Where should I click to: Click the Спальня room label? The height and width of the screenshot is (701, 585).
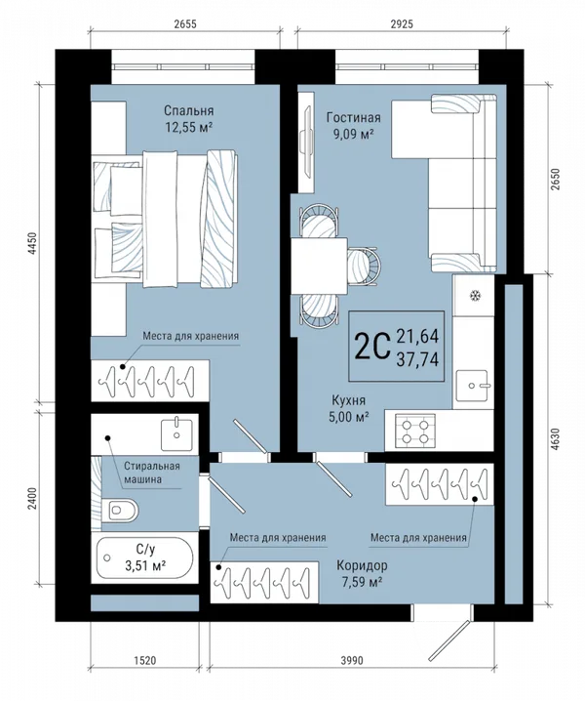tap(188, 110)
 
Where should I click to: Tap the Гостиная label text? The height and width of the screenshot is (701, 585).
tap(353, 117)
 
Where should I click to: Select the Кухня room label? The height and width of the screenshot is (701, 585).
tap(348, 399)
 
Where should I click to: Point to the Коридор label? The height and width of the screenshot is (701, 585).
tap(362, 565)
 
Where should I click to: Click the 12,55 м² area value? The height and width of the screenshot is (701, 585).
tap(188, 128)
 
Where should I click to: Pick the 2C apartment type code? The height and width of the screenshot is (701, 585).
tap(372, 347)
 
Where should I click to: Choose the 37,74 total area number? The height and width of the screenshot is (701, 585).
tap(417, 359)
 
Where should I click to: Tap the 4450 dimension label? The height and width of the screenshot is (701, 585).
tap(32, 244)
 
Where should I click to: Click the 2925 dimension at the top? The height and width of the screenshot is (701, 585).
tap(402, 23)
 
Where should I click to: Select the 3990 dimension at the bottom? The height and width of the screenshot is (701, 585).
tap(351, 660)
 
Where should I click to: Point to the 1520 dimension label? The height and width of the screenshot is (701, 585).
tap(144, 660)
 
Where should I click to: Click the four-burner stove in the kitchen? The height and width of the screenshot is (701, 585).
tap(414, 431)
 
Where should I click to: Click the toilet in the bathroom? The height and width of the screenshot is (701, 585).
tap(120, 510)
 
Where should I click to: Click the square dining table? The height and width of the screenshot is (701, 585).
tap(319, 266)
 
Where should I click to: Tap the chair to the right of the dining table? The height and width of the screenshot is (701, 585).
tap(365, 267)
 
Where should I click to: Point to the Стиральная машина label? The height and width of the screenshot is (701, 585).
tap(152, 473)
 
